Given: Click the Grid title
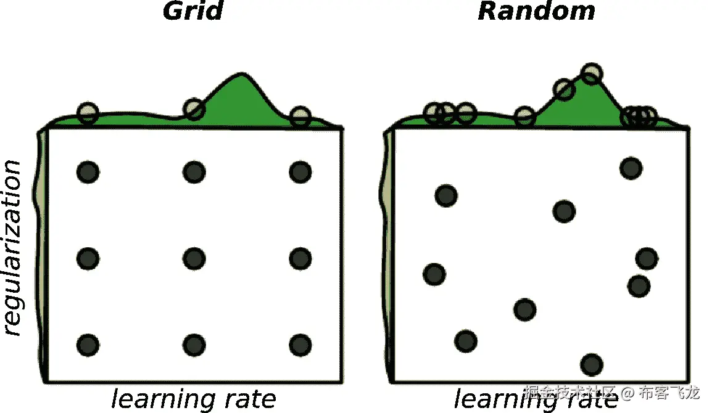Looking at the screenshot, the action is pyautogui.click(x=192, y=12).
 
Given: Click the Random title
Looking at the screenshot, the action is pyautogui.click(x=536, y=12).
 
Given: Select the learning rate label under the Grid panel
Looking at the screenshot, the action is pyautogui.click(x=194, y=399).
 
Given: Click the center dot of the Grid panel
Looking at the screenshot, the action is pyautogui.click(x=194, y=258).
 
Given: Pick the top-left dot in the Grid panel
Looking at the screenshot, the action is pyautogui.click(x=88, y=172).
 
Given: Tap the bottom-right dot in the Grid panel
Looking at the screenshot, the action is pyautogui.click(x=300, y=345).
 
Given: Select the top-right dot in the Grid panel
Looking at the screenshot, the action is pyautogui.click(x=300, y=172).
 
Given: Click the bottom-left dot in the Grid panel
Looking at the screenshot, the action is pyautogui.click(x=88, y=345).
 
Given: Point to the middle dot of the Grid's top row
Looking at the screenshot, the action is pyautogui.click(x=194, y=172).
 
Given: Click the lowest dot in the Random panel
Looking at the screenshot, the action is pyautogui.click(x=591, y=364).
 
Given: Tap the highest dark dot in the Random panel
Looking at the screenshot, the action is pyautogui.click(x=631, y=168).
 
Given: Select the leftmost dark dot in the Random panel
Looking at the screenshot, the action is pyautogui.click(x=434, y=274).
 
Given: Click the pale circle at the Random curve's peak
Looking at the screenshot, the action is pyautogui.click(x=591, y=74).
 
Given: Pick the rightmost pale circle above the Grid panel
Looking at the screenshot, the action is pyautogui.click(x=300, y=116).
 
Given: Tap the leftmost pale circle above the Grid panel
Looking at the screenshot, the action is pyautogui.click(x=88, y=113).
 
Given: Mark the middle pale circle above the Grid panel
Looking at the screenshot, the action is pyautogui.click(x=194, y=109).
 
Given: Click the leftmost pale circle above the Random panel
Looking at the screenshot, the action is pyautogui.click(x=434, y=113).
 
